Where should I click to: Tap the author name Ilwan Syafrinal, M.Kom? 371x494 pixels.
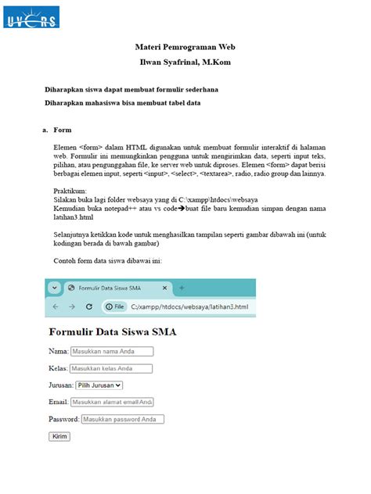pyautogui.click(x=185, y=63)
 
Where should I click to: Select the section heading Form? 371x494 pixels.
pyautogui.click(x=63, y=129)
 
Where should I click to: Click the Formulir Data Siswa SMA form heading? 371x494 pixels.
pyautogui.click(x=113, y=332)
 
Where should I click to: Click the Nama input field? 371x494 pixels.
pyautogui.click(x=111, y=352)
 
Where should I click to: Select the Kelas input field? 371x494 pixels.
pyautogui.click(x=111, y=368)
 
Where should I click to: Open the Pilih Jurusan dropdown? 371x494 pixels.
pyautogui.click(x=99, y=385)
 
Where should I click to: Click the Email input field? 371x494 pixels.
pyautogui.click(x=112, y=402)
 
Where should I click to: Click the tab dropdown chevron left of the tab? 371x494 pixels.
pyautogui.click(x=55, y=288)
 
